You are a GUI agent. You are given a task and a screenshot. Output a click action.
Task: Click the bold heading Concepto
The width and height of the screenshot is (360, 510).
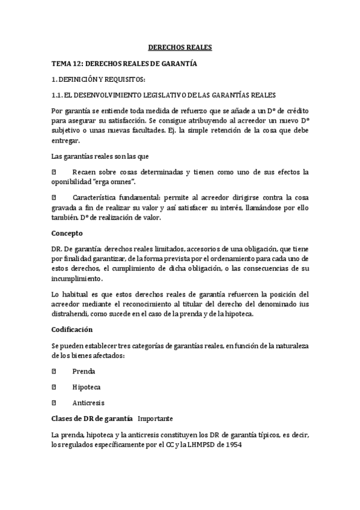pyautogui.click(x=67, y=233)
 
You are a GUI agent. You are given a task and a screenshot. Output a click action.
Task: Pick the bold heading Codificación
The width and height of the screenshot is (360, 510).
pyautogui.click(x=72, y=330)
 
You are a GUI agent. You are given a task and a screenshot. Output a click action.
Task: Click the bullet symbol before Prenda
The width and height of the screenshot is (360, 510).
pyautogui.click(x=53, y=371)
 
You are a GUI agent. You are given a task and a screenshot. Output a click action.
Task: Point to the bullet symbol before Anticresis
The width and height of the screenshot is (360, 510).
pyautogui.click(x=53, y=402)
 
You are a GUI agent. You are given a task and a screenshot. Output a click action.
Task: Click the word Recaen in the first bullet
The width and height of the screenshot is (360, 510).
pyautogui.click(x=84, y=172)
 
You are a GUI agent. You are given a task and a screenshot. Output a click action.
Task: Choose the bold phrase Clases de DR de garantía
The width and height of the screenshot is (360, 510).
pyautogui.click(x=93, y=418)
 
